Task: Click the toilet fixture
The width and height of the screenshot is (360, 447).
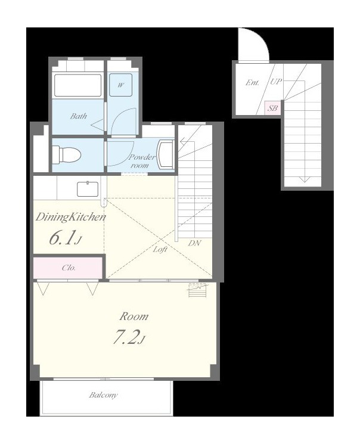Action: coord(67,155)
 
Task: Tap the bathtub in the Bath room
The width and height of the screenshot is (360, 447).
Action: coord(77,85)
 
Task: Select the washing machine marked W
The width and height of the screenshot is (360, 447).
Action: coord(121,85)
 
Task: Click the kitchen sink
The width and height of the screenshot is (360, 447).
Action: coord(88,189)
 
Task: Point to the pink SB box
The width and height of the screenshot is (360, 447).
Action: coord(273,108)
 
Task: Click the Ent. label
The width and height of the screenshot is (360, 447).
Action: coord(253,83)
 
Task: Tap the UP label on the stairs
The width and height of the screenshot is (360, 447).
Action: coord(276,82)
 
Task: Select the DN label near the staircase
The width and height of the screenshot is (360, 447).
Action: coord(194,243)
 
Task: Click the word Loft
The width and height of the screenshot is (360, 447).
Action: coord(160,250)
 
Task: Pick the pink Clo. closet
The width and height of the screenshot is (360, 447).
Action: coord(68,268)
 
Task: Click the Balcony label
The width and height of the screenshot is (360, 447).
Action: coord(103,395)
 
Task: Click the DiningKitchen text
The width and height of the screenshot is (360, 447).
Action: coord(70,217)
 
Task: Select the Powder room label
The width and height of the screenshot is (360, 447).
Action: coord(142,161)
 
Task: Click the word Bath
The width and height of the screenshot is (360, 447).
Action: coord(79,116)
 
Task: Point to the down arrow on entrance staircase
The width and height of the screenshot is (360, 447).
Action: coord(305,179)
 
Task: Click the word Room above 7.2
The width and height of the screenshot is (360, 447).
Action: coord(134,316)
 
